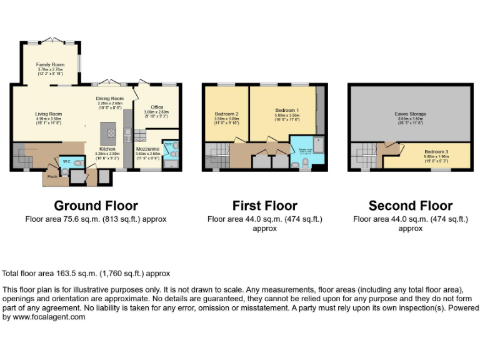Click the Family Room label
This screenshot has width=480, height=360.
pyautogui.click(x=50, y=64)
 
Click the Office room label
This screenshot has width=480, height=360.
pyautogui.click(x=156, y=107)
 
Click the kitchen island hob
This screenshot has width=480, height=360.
pyautogui.click(x=111, y=132)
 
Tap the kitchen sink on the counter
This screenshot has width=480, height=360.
pyautogui.click(x=127, y=132)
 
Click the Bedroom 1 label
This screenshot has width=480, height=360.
pyautogui.click(x=287, y=111)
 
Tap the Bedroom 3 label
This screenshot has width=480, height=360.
pyautogui.click(x=436, y=152)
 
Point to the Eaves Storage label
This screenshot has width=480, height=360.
pyautogui.click(x=411, y=114)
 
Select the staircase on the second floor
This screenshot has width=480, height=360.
pyautogui.click(x=363, y=155)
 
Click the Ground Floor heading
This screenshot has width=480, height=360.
pyautogui.click(x=96, y=206)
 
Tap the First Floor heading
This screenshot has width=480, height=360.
pyautogui.click(x=264, y=206)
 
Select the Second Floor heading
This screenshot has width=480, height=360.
pyautogui.click(x=410, y=206)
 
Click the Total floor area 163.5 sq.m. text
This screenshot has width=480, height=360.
pyautogui.click(x=86, y=274)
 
